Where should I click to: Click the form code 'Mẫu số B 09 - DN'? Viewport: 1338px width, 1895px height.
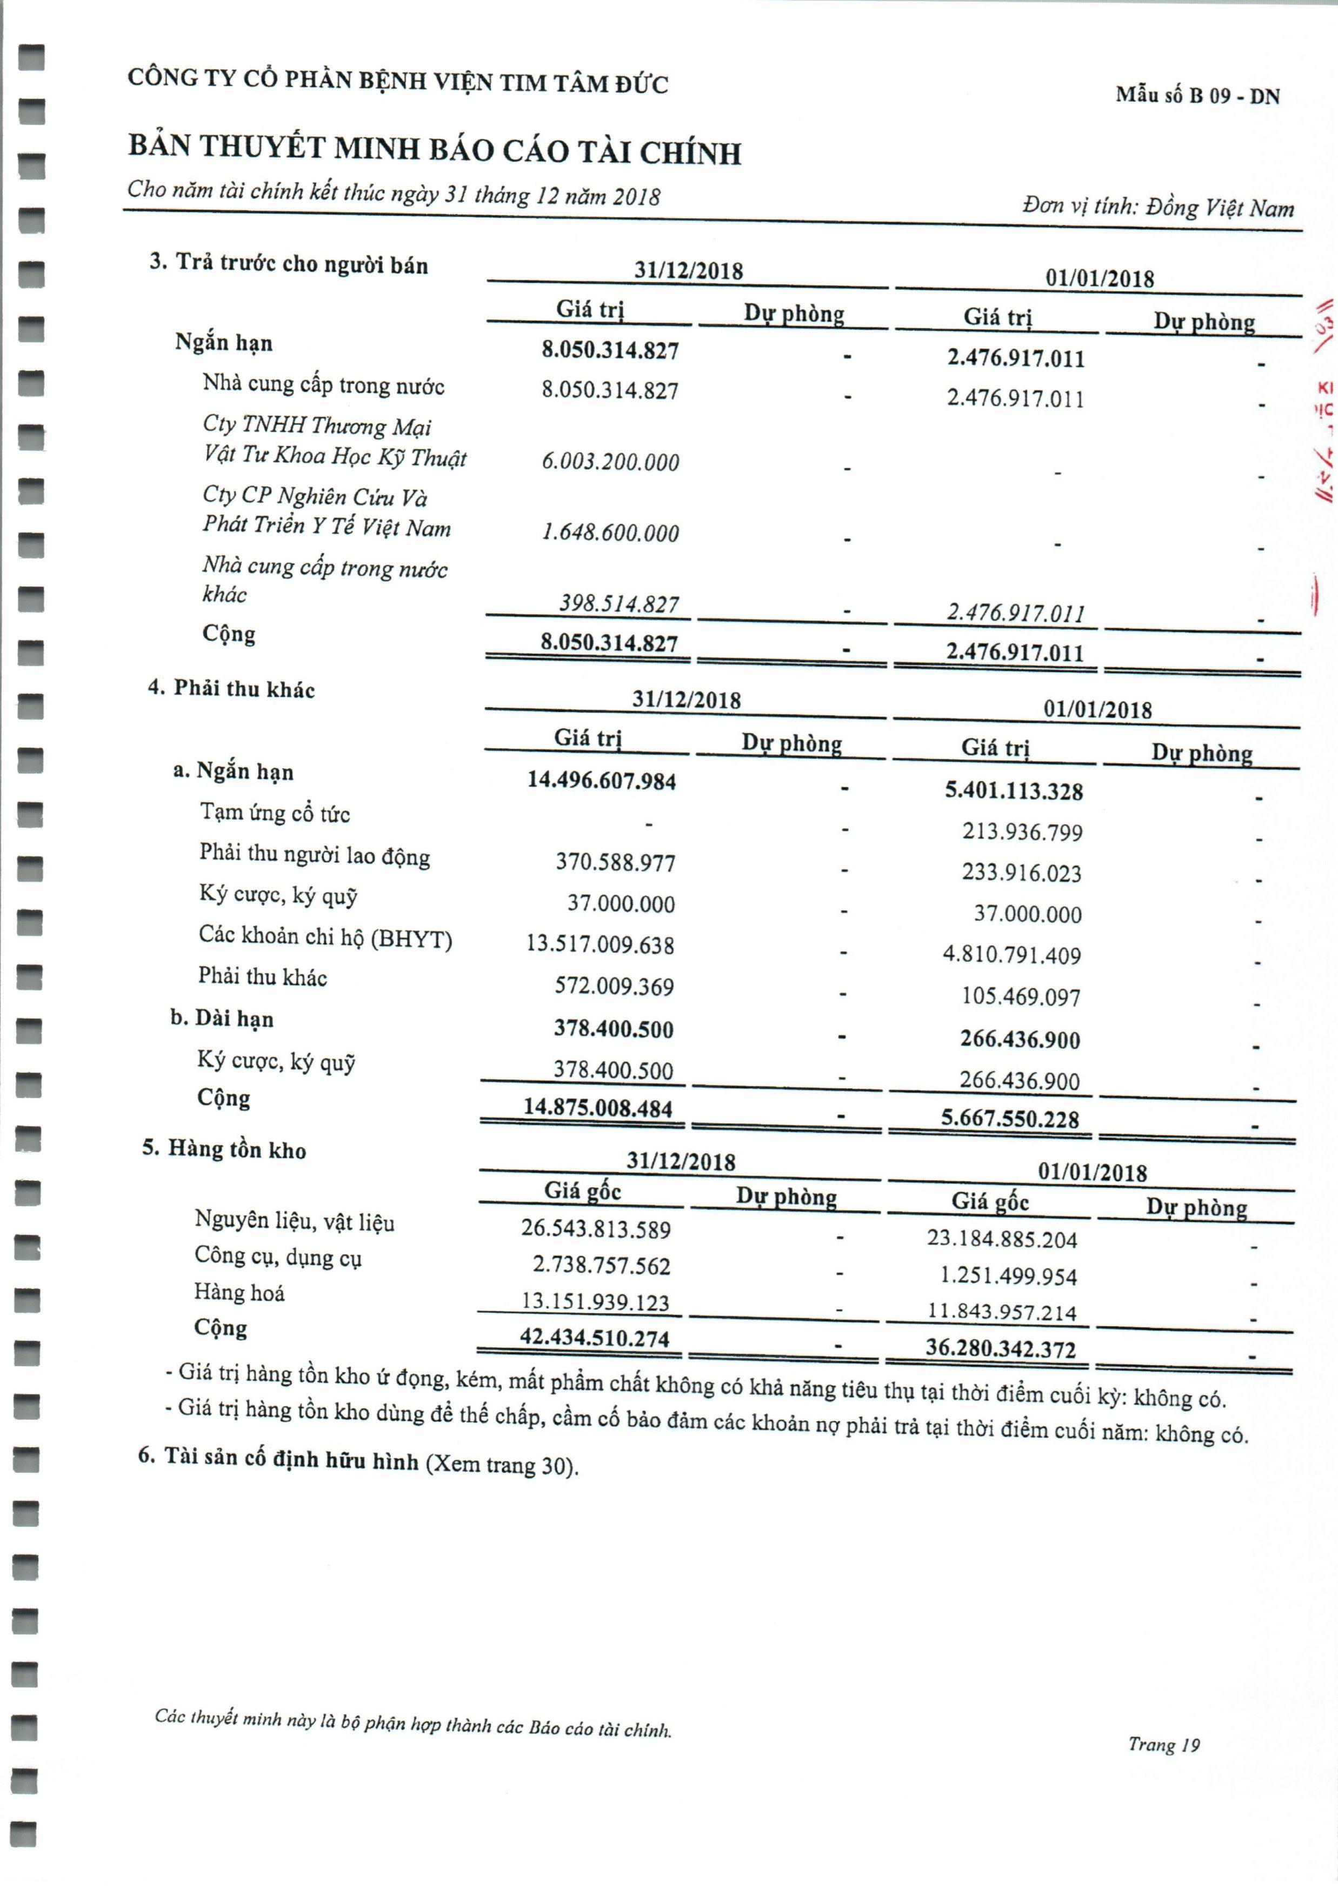1197,96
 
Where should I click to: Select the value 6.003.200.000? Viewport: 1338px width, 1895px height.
610,461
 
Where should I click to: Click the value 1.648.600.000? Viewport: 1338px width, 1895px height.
610,533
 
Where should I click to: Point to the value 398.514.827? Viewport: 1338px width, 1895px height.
619,603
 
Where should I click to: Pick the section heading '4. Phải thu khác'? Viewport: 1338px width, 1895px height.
231,689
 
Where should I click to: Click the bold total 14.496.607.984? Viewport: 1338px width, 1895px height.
602,780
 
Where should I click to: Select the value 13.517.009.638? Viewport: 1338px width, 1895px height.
600,944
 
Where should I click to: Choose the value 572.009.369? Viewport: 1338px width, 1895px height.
614,986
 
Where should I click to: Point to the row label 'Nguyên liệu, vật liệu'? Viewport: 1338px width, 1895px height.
295,1221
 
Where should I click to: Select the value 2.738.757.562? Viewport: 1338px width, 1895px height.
602,1265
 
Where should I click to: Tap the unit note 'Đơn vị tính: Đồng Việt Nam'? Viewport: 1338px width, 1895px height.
1158,207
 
